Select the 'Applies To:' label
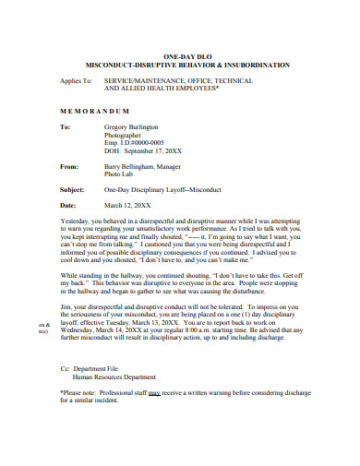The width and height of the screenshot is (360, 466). [76, 80]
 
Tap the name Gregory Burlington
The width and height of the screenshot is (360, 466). [131, 126]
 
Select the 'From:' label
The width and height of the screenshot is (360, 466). [69, 167]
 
